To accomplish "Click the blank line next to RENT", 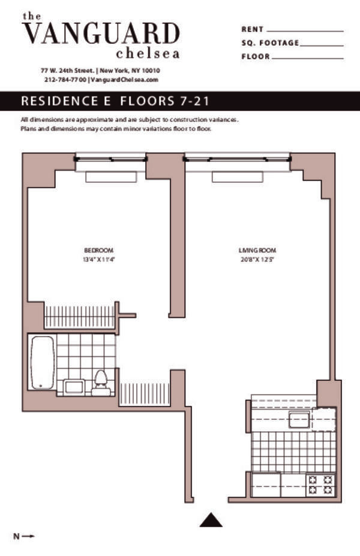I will click(305, 29).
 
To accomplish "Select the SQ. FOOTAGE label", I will click(269, 43).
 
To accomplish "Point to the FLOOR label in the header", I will click(255, 57).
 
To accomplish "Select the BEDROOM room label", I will click(98, 250).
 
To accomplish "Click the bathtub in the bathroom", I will click(42, 362).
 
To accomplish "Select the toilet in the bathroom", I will click(101, 381).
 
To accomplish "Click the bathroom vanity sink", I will click(74, 387).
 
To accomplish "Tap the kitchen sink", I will click(299, 419).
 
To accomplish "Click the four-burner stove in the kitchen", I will click(320, 484).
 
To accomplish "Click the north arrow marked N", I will click(24, 536).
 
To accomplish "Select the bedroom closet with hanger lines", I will click(79, 317).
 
